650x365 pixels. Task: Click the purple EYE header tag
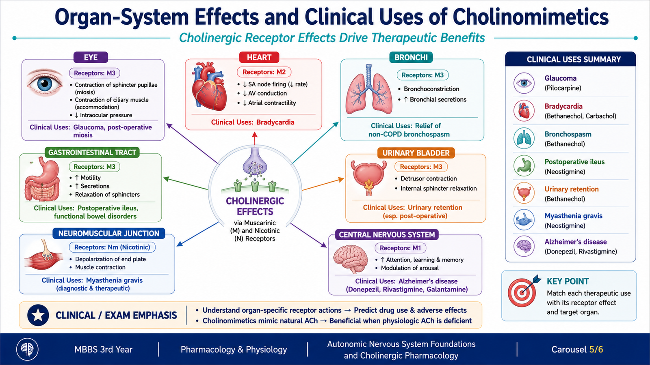point(91,57)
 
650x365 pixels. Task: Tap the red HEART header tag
point(259,57)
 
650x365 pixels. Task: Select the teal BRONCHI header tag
point(411,57)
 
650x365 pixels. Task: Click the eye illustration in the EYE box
point(44,83)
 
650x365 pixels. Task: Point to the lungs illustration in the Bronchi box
point(368,89)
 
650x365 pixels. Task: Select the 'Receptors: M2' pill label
point(264,72)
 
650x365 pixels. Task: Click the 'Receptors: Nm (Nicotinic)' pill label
point(112,247)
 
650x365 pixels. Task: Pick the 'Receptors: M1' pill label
point(400,248)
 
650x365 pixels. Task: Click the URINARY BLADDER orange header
point(416,153)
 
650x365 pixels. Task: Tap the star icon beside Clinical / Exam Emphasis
point(38,315)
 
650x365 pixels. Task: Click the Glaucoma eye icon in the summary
point(524,83)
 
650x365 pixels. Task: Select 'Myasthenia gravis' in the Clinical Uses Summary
point(573,216)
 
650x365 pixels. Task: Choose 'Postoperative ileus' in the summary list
point(574,162)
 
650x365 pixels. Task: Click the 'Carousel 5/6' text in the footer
point(577,349)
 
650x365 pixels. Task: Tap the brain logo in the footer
point(27,349)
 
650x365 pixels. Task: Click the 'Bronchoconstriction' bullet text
point(431,89)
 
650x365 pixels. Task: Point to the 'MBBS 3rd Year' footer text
point(103,349)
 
